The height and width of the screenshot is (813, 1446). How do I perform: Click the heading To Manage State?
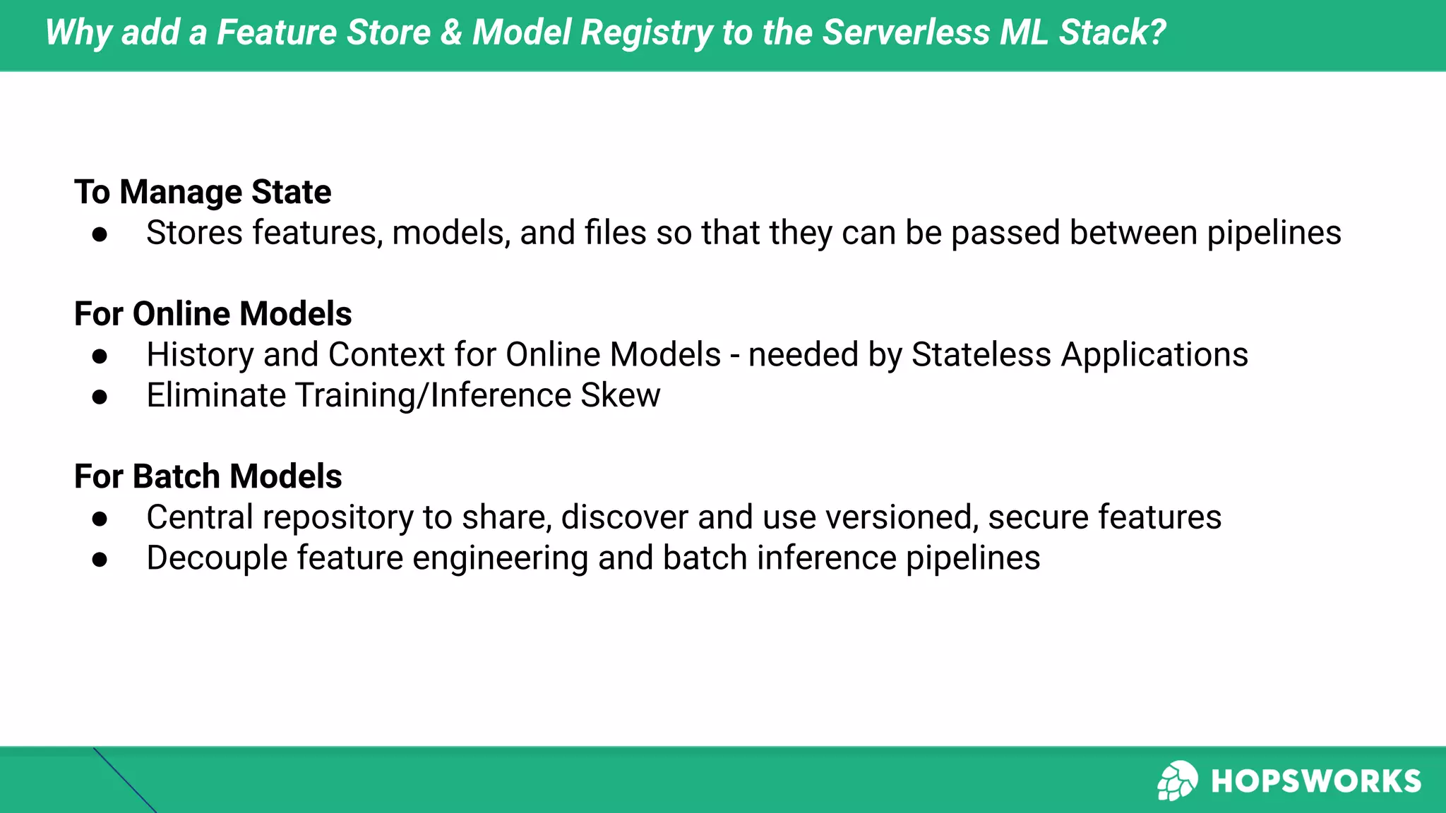tap(203, 192)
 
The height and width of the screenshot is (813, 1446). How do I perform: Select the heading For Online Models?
tap(213, 314)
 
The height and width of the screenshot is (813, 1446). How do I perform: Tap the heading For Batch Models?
tap(208, 476)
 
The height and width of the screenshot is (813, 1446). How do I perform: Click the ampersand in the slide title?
tap(450, 32)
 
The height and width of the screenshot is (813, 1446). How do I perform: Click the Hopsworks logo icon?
tap(1176, 781)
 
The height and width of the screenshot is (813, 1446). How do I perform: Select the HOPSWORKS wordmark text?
tap(1315, 781)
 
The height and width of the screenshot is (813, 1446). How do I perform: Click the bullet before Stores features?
tap(100, 234)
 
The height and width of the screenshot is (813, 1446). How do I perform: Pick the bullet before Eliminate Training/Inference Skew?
tap(100, 397)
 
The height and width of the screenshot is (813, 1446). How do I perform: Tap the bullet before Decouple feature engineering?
tap(100, 560)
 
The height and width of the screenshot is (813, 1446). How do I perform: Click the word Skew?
tap(620, 395)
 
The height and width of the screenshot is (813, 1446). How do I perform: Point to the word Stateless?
tap(981, 354)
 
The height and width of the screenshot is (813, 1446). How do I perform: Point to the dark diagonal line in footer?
tap(124, 781)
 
